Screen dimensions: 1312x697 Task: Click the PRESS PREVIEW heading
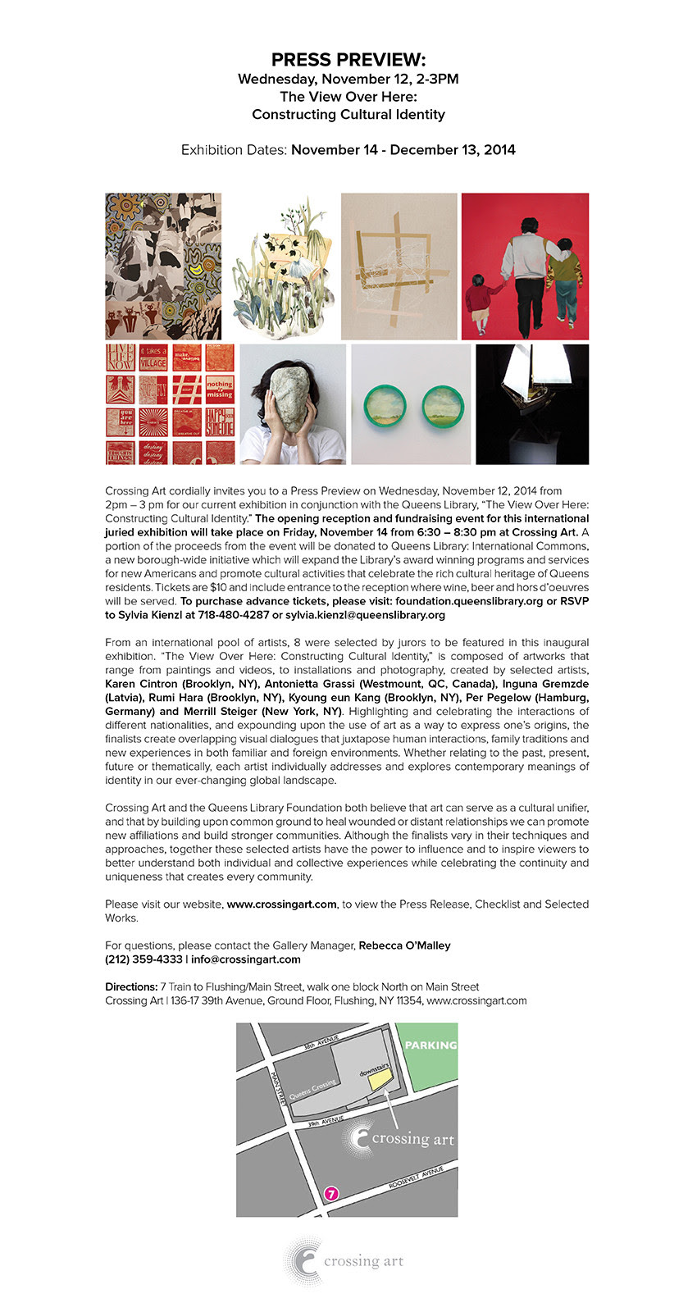tap(348, 60)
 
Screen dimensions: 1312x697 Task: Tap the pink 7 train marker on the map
tap(331, 1194)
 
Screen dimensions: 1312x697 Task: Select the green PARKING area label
tap(430, 1045)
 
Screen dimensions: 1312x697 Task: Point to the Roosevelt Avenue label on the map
tap(416, 1178)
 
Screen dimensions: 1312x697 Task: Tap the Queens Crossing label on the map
tap(312, 1091)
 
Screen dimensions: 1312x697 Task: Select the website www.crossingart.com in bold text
tap(281, 904)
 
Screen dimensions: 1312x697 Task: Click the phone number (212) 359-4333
tap(143, 959)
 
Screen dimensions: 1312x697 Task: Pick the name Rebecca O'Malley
tap(405, 945)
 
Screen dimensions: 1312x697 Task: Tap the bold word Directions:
tap(130, 986)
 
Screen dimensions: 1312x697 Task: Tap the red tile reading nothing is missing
tap(220, 389)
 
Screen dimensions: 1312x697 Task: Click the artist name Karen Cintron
tap(141, 684)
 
